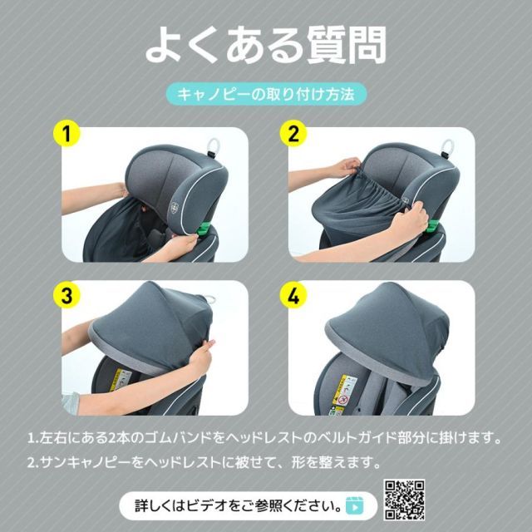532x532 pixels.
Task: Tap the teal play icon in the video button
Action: (x=354, y=505)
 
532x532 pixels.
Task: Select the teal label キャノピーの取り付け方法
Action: (x=266, y=94)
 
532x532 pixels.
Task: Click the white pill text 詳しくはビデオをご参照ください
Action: (x=237, y=505)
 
